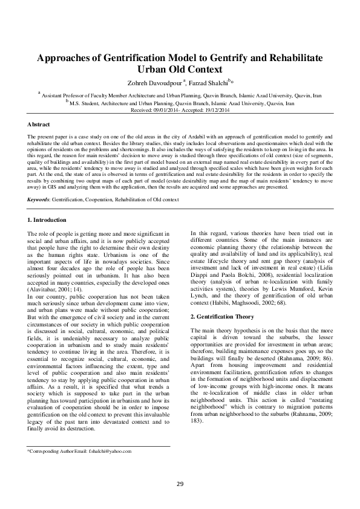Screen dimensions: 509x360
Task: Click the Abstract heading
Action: click(x=39, y=123)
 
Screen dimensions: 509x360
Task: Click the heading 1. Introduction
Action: click(x=48, y=219)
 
